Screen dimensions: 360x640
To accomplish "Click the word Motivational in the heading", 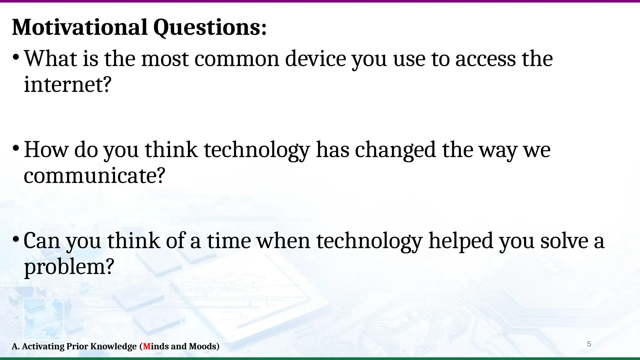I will tap(80, 27).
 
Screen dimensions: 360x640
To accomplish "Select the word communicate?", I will tap(94, 176).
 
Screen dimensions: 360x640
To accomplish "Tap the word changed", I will tap(395, 150).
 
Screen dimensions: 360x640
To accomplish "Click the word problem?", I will tap(69, 267).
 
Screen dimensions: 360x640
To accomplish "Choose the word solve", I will tap(564, 241).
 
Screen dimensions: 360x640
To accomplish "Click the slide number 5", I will tap(589, 344).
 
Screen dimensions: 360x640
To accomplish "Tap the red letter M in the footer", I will tap(147, 346).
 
